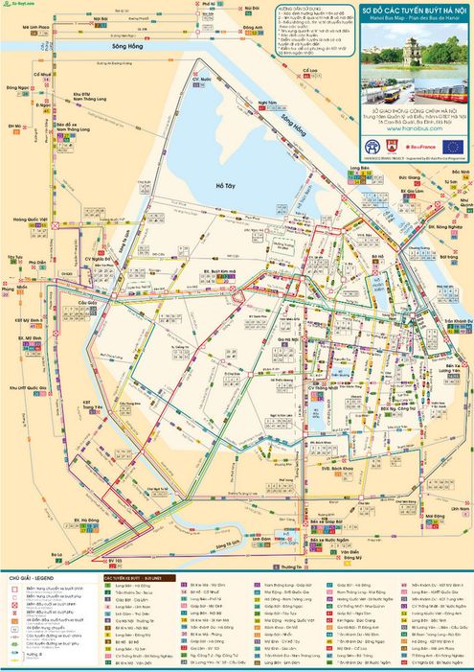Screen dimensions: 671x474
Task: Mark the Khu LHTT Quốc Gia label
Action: point(25,385)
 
